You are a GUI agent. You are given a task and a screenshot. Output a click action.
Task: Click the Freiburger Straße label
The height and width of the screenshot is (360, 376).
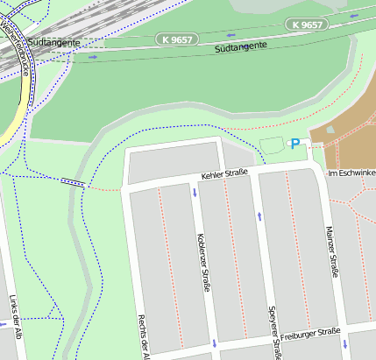tap(310, 332)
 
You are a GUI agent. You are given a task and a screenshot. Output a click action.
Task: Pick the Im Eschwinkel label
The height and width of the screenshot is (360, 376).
tap(351, 173)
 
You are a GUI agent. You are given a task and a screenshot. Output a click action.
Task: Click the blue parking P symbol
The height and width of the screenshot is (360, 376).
tap(295, 144)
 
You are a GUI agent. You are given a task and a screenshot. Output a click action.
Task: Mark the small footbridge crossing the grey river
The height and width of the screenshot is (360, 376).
tap(74, 182)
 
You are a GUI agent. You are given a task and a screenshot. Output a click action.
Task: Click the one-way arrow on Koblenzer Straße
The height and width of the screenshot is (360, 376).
tap(195, 190)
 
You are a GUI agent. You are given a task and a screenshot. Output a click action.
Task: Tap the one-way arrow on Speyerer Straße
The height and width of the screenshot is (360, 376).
tap(259, 215)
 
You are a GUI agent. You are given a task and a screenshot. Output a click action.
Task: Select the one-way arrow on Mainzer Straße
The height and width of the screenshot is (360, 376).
tap(347, 342)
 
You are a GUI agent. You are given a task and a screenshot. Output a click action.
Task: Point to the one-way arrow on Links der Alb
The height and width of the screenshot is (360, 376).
tap(4, 324)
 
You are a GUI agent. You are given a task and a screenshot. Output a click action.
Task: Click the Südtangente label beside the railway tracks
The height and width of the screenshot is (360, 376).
tap(54, 41)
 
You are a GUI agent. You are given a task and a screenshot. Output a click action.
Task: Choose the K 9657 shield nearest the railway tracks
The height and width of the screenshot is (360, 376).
tap(178, 39)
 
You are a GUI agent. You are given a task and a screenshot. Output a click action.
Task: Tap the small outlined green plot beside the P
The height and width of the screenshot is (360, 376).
tap(273, 145)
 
